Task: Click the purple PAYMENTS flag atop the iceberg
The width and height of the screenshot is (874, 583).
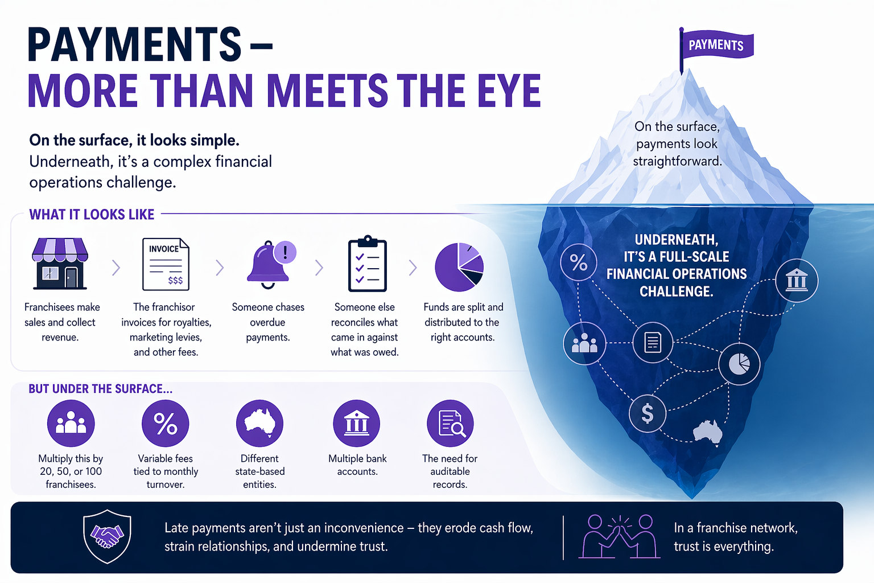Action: (716, 45)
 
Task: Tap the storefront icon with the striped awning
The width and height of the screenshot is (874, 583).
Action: (60, 264)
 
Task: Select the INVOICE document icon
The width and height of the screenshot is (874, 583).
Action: (166, 264)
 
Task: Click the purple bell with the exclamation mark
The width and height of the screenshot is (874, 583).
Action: (270, 262)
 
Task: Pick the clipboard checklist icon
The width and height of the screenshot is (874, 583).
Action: (367, 264)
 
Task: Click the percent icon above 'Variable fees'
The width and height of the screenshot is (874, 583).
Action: (166, 424)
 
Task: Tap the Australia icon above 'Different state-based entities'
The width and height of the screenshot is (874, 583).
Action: (259, 424)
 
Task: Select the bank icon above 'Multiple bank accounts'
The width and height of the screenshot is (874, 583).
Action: (357, 424)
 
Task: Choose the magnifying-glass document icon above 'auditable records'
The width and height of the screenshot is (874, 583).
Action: (450, 424)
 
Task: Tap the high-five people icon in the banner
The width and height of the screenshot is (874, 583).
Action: (620, 536)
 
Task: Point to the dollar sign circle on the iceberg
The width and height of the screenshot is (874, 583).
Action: (648, 413)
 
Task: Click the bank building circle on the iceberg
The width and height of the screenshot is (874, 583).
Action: (797, 280)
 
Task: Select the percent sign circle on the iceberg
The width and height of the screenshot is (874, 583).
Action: (579, 262)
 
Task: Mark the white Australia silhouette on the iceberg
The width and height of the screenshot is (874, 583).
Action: (708, 432)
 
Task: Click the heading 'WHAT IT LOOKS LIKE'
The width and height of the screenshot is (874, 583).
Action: (92, 215)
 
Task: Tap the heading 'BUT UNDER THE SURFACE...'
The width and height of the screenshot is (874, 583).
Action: (101, 389)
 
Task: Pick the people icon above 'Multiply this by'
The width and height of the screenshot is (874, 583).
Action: (71, 424)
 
